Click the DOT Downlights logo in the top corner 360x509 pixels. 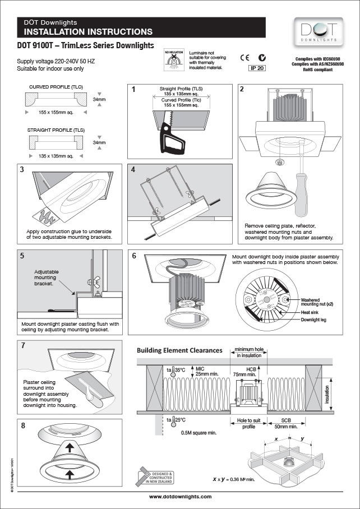[318, 31]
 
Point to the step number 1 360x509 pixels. [133, 89]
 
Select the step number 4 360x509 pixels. [133, 169]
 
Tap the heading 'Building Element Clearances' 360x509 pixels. [179, 350]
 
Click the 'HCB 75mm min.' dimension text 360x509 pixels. [251, 371]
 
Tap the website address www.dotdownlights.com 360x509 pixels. [180, 497]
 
